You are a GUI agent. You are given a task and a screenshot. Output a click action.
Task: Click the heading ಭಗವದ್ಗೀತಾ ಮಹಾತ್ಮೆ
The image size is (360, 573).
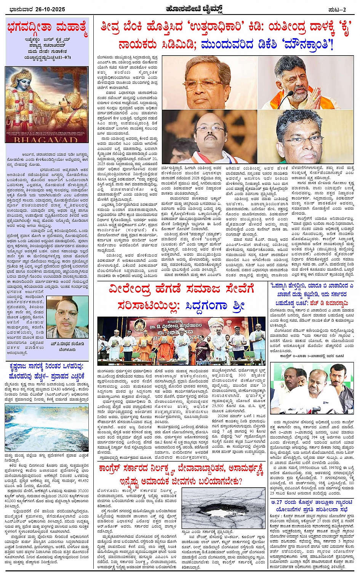[x=47, y=28]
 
